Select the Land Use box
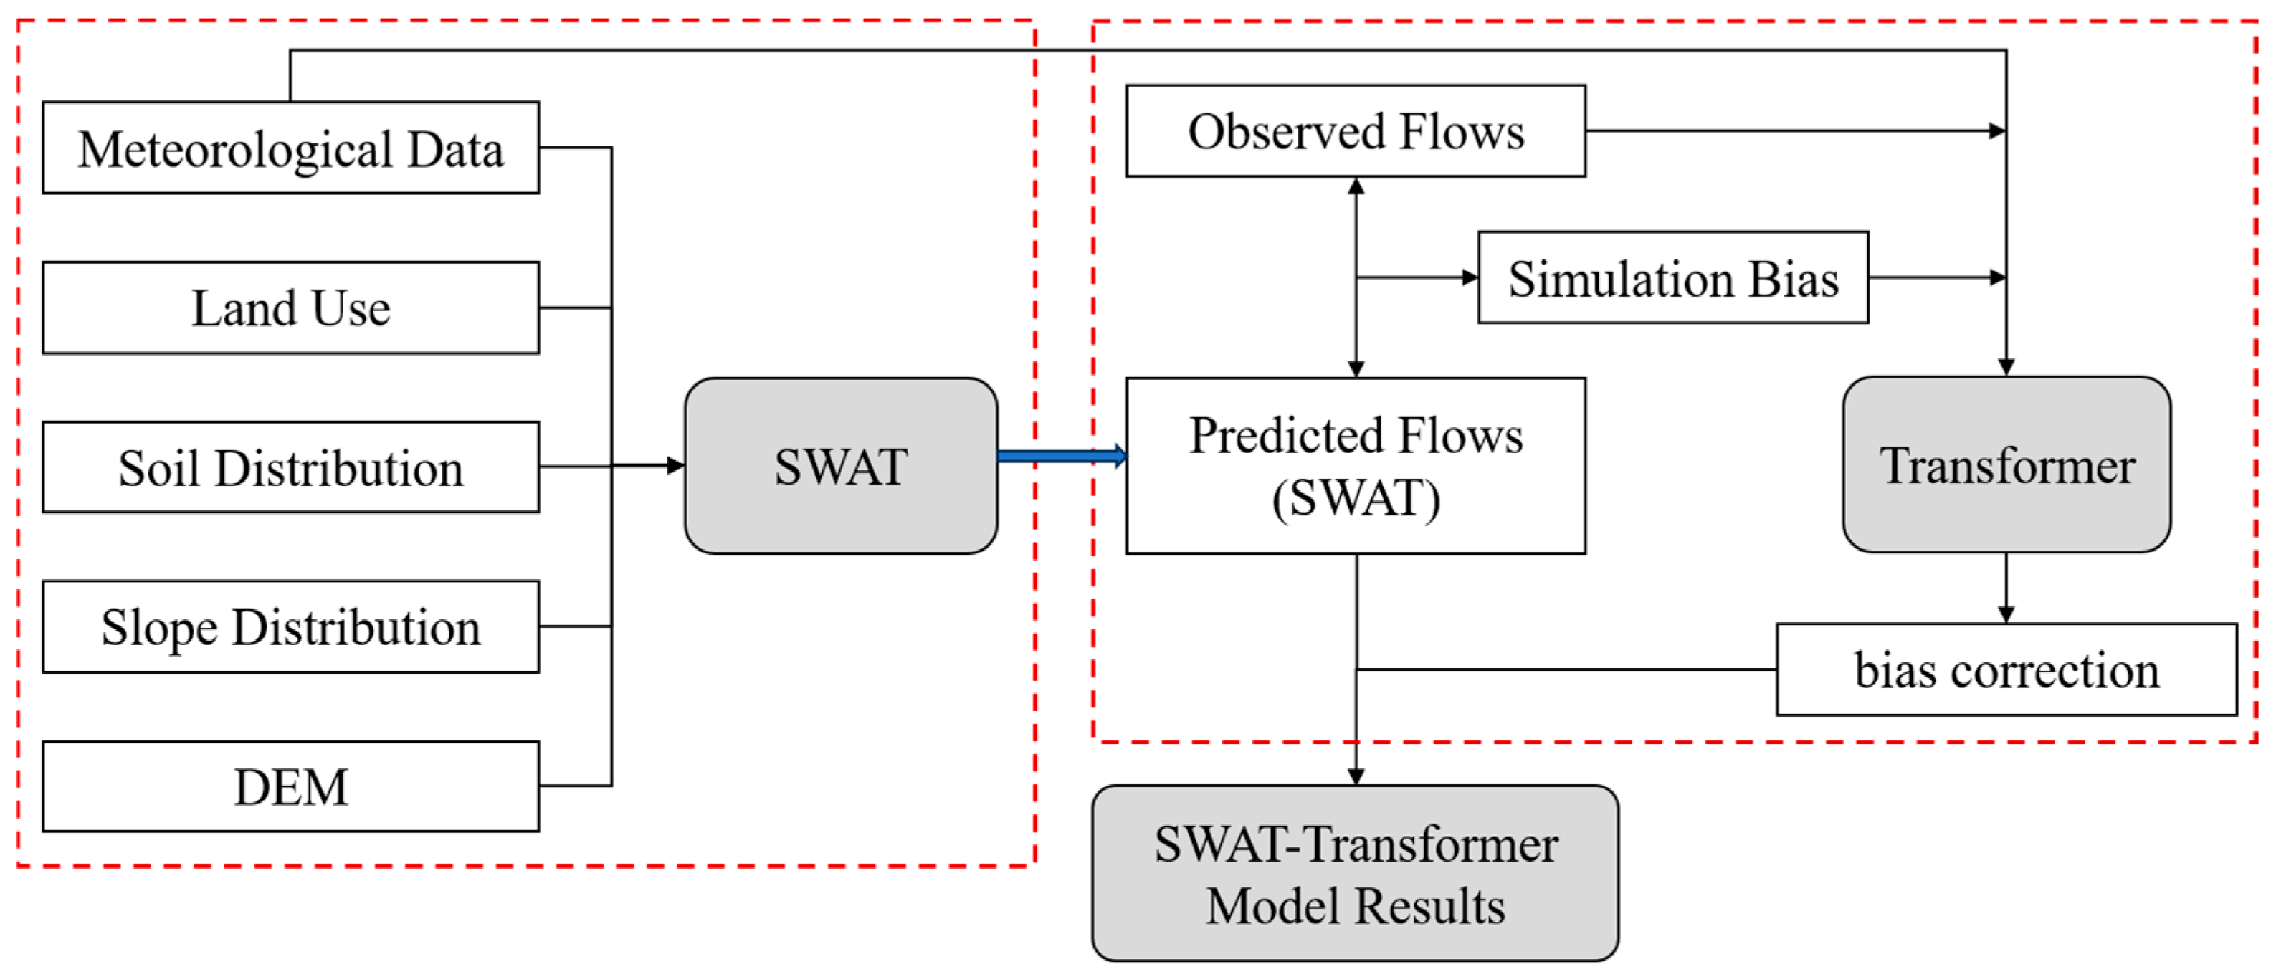point(291,308)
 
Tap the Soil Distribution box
point(291,467)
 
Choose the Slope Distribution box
point(291,626)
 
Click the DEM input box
point(291,786)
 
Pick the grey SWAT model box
point(841,465)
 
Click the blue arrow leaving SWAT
point(1062,456)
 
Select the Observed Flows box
point(1356,131)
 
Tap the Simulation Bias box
point(1673,277)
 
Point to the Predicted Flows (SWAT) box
point(1356,465)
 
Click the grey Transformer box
point(2006,464)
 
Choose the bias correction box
point(2006,670)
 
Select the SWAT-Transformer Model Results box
point(1355,873)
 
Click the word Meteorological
point(235,150)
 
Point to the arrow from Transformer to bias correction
point(2006,588)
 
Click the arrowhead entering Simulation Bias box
point(1470,277)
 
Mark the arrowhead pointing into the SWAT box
point(675,465)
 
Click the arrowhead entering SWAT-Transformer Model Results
point(1356,776)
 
